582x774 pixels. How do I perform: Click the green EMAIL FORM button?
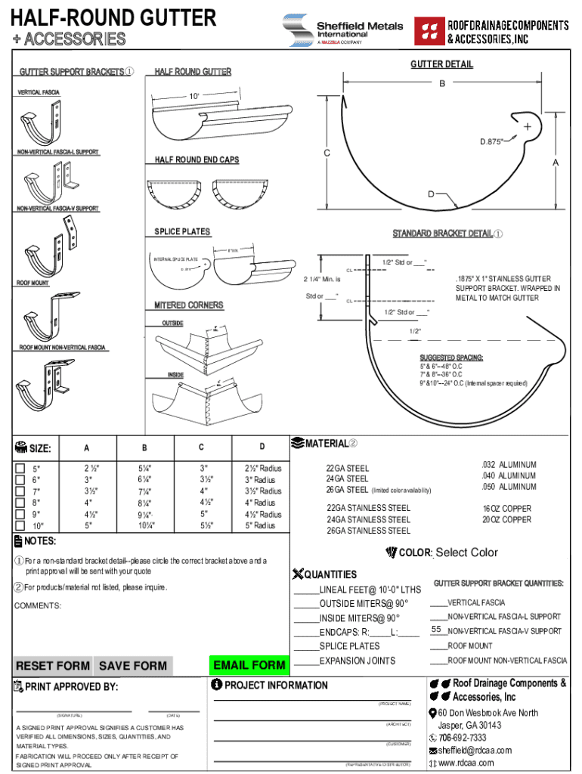(249, 665)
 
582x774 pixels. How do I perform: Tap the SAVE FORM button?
(132, 666)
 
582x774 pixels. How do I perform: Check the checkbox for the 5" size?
(20, 468)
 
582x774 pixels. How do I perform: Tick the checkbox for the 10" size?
(20, 525)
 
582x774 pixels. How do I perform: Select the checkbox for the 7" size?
(20, 491)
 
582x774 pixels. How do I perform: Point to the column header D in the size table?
(262, 447)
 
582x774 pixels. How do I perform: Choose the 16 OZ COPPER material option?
(507, 509)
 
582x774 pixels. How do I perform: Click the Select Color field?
(466, 553)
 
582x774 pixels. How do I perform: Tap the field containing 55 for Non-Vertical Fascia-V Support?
(437, 630)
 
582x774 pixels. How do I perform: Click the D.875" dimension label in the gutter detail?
(492, 141)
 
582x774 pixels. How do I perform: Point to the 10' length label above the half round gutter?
(194, 97)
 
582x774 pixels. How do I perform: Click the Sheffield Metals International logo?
(342, 30)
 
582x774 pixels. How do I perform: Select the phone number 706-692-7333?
(462, 738)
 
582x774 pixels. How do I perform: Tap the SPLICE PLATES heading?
(182, 232)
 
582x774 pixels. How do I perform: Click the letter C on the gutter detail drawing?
(327, 153)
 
